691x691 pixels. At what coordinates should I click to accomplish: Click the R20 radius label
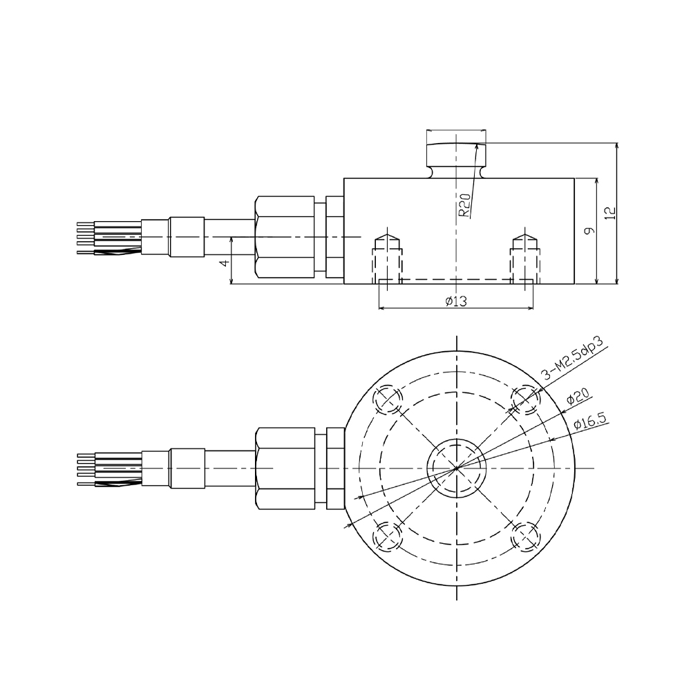tap(466, 206)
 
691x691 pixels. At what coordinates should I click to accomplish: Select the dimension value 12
tap(609, 213)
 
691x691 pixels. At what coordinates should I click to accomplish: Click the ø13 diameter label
tap(456, 301)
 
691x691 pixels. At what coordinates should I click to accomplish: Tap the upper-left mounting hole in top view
tap(387, 399)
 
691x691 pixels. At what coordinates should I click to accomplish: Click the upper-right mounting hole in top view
tap(525, 399)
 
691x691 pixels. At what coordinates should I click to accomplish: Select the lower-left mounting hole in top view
tap(387, 536)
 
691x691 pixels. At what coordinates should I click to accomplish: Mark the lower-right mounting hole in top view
tap(525, 536)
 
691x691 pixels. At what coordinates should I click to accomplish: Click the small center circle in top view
tap(456, 468)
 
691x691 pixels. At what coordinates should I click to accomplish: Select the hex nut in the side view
tap(285, 237)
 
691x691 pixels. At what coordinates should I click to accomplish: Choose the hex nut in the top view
tap(285, 468)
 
